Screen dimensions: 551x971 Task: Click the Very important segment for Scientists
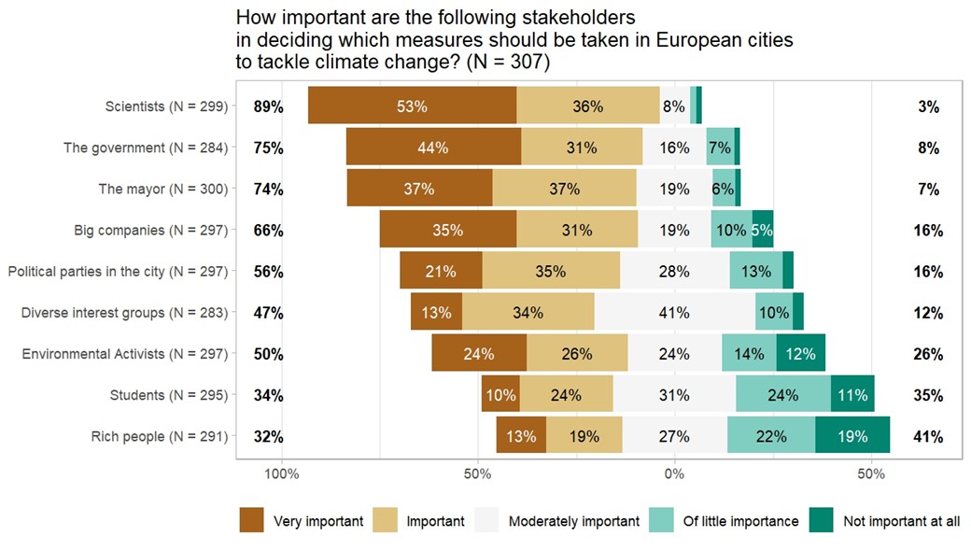coord(412,106)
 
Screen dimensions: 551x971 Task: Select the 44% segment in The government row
coord(433,148)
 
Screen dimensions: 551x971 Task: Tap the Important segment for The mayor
coord(564,189)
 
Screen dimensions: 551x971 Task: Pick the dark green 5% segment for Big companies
coord(762,230)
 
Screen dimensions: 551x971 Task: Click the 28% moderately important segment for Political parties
coord(674,271)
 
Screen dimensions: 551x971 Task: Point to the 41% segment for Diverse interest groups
coord(674,312)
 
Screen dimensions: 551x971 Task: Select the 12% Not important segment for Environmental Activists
coord(800,354)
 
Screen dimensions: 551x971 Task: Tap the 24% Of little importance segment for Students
coord(782,395)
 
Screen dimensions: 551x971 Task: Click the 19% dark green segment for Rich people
coord(852,436)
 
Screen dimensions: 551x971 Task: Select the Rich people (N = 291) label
coord(159,436)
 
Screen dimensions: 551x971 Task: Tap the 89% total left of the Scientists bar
coord(268,106)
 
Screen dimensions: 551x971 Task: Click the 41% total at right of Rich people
coord(927,436)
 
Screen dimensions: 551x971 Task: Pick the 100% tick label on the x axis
coord(282,474)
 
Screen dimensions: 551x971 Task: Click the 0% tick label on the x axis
coord(674,474)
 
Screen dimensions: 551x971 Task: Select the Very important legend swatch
coord(252,520)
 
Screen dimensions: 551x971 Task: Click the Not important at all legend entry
coord(901,521)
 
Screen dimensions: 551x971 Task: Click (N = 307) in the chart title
coord(511,63)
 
